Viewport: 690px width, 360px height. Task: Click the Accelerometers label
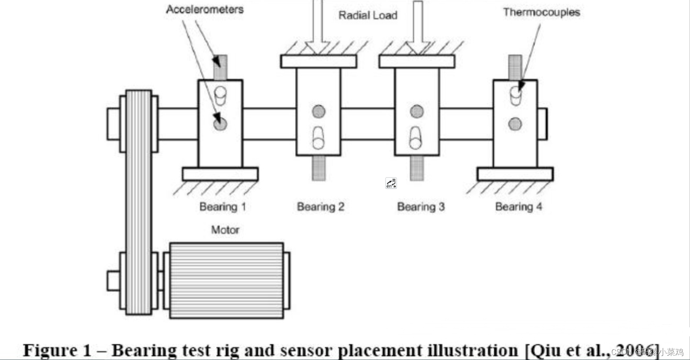[x=205, y=9]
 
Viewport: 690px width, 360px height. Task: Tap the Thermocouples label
[x=541, y=12]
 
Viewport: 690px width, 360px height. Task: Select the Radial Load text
[x=368, y=16]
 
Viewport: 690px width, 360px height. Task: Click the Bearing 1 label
[x=222, y=207]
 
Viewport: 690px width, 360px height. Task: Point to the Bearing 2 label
[x=321, y=207]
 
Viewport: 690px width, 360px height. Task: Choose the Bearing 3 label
[x=421, y=207]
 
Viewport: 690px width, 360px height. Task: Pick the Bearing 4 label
[x=519, y=207]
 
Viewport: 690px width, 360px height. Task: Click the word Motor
[x=225, y=230]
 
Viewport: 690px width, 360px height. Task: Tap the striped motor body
[x=226, y=280]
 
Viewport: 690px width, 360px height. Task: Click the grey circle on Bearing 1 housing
[x=220, y=124]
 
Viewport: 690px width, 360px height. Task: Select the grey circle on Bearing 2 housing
[x=319, y=112]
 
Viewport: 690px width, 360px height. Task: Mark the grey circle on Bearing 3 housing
[x=417, y=112]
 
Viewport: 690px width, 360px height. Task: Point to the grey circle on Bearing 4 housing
[x=515, y=124]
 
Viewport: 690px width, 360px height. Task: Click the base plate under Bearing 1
[x=220, y=174]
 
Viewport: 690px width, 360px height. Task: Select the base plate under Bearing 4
[x=515, y=174]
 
